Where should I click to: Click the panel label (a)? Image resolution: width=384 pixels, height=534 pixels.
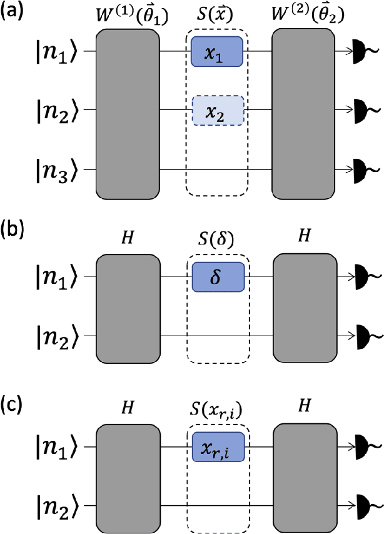coord(13,12)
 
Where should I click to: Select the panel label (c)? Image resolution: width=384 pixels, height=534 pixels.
coord(13,398)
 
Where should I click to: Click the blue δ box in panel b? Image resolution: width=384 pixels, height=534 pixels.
coord(216,275)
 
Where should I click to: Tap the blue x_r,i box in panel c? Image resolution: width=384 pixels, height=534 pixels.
coord(216,447)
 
